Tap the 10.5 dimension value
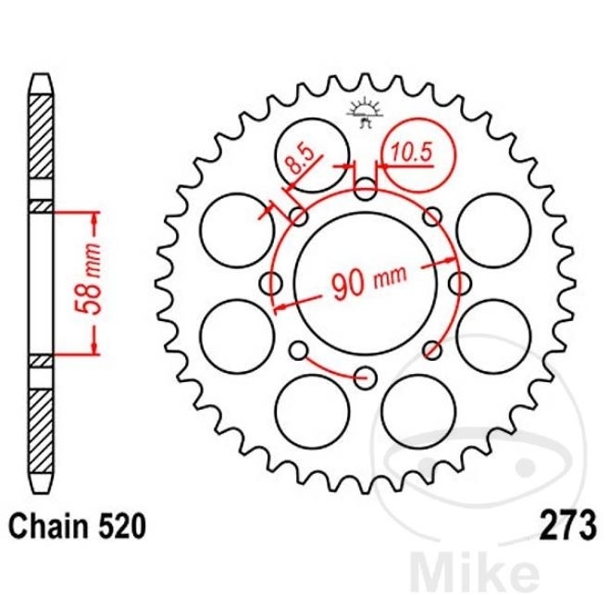412,152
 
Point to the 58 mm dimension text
88,279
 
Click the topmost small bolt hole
365,189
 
